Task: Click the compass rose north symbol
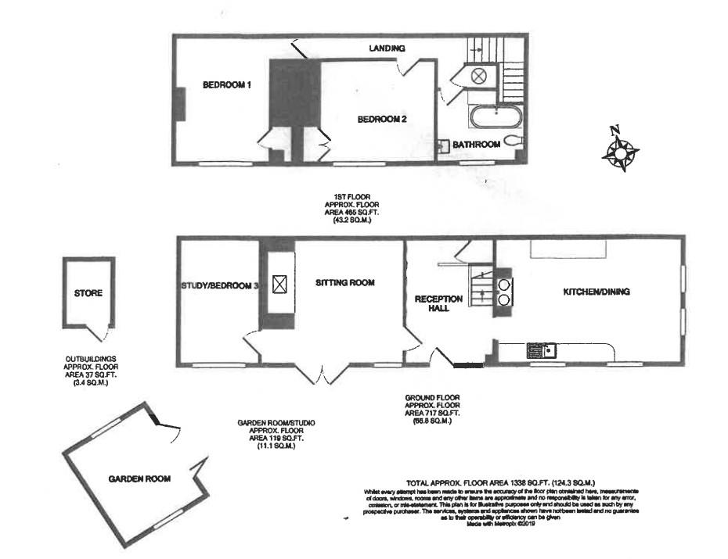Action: coord(619,149)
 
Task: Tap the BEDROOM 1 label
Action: coord(227,85)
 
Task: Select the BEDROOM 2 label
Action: coord(382,120)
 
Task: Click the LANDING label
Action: coord(387,48)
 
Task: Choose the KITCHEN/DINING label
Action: coord(596,292)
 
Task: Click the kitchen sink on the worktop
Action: coord(541,349)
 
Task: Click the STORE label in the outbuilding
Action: coord(88,294)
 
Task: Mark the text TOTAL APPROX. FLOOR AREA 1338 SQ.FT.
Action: coord(502,482)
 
